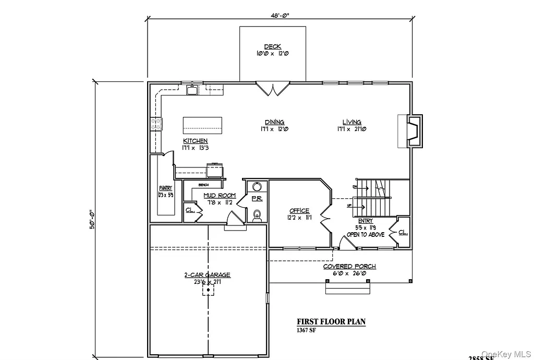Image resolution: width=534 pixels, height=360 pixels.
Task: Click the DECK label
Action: (272, 47)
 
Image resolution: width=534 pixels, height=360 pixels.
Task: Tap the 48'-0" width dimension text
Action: (280, 15)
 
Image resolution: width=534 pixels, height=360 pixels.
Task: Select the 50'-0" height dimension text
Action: (92, 220)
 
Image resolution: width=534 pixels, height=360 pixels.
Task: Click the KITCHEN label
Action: (195, 141)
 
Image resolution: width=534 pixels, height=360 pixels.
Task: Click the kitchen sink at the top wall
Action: (192, 91)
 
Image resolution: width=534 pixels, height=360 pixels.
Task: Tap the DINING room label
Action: (274, 122)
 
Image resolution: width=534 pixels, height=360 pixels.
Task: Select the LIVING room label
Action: (351, 122)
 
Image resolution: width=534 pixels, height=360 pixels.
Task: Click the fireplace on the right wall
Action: (413, 131)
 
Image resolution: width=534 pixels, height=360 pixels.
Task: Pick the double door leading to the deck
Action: (272, 89)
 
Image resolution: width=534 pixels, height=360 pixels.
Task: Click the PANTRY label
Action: (166, 188)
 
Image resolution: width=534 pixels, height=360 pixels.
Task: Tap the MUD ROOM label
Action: (219, 196)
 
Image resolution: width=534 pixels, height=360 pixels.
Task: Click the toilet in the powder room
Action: (256, 215)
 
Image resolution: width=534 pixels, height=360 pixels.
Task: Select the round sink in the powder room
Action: (256, 187)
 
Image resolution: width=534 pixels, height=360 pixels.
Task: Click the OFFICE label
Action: (299, 211)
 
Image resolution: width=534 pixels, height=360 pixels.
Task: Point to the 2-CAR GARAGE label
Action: (207, 275)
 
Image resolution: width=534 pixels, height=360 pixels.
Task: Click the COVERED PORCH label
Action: (349, 267)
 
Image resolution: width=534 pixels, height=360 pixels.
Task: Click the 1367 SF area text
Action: (307, 330)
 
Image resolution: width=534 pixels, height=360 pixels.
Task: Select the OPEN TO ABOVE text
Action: (366, 235)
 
